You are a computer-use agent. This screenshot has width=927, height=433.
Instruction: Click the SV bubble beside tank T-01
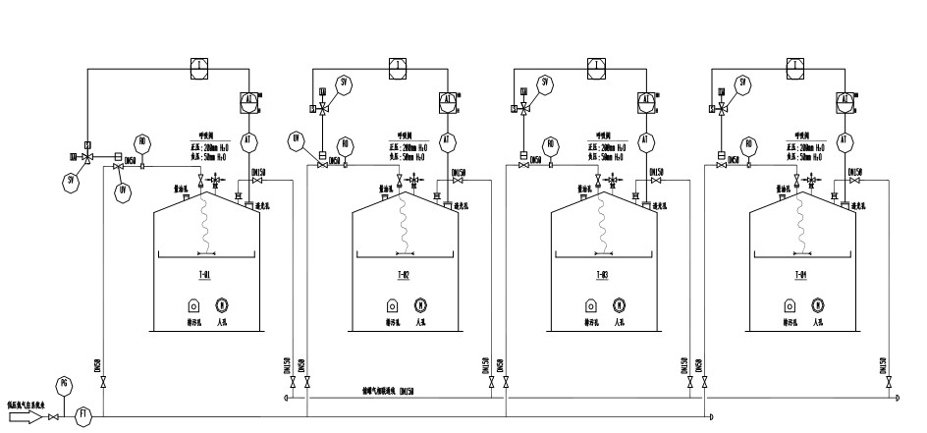coord(71,181)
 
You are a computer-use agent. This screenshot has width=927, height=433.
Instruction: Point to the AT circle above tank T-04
coord(844,141)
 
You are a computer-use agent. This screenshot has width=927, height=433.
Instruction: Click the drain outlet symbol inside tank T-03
coord(592,304)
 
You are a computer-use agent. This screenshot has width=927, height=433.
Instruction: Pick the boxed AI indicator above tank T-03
coord(646,100)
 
